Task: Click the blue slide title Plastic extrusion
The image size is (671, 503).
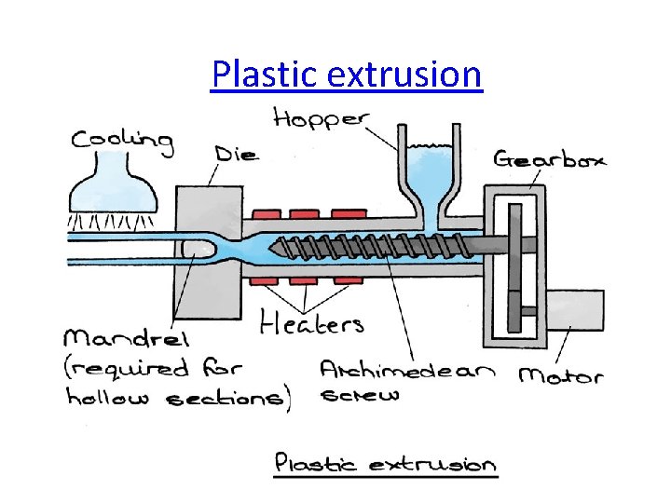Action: tap(347, 74)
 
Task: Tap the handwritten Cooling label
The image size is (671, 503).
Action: tap(122, 141)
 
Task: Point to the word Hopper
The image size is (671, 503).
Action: tap(322, 119)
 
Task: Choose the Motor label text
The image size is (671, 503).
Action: tap(560, 375)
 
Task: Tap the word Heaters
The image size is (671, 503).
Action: tap(311, 323)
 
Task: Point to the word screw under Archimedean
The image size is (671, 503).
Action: tap(360, 395)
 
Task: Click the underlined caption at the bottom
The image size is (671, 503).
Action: tap(385, 464)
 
